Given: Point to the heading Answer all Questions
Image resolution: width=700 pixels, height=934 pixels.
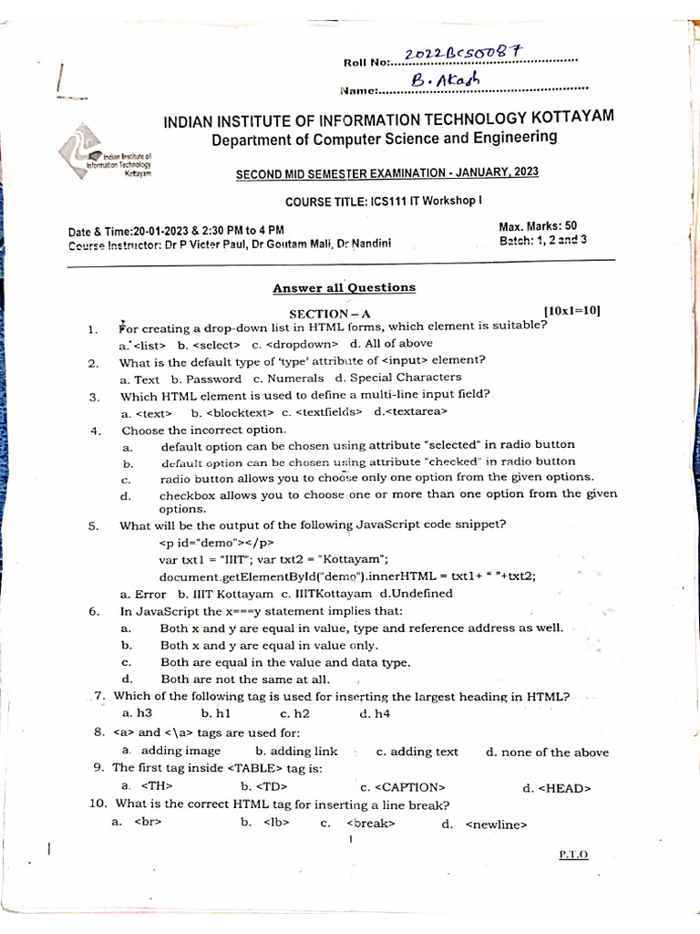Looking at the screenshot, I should (344, 288).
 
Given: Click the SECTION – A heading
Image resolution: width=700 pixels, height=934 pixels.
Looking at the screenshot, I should (332, 313).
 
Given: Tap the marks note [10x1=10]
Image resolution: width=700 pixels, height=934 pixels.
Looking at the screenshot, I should (571, 311).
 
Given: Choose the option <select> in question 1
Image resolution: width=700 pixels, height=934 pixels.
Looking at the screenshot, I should (209, 345).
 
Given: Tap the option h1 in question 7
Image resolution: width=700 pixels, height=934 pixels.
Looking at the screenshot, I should (216, 713).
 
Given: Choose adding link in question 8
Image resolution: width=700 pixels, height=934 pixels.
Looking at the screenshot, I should (283, 752).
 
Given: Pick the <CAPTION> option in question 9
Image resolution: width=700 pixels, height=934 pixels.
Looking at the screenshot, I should (402, 787).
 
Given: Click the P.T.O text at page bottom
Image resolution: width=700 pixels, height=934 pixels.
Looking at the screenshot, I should (573, 855).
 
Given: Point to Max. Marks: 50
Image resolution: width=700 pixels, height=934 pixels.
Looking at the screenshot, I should (538, 226).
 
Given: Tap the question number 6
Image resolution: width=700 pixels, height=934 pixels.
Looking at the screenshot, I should (94, 611).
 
